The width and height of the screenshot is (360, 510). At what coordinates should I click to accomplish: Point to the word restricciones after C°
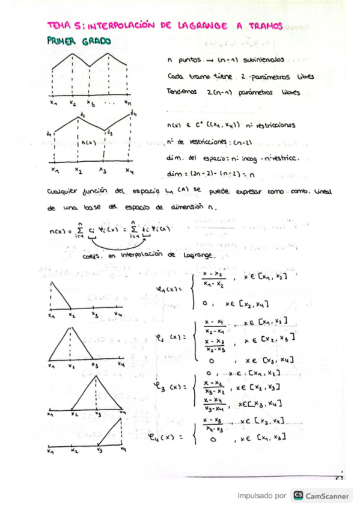point(275,126)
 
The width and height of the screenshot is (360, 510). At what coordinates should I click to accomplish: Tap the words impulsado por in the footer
point(261,496)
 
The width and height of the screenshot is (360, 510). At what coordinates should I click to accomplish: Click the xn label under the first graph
point(127,103)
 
